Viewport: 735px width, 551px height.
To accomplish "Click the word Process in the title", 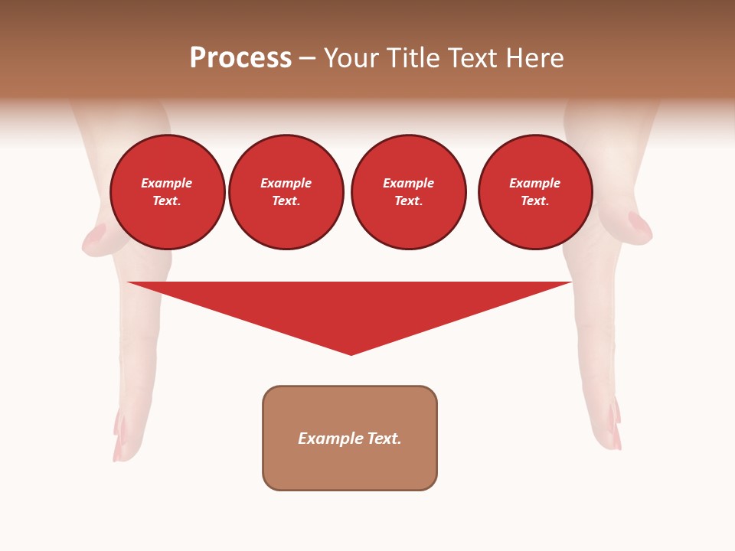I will click(240, 58).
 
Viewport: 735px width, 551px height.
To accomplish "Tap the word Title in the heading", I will click(412, 58).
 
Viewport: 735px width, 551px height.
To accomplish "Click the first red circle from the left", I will click(168, 192).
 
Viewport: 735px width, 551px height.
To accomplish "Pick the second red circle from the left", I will click(286, 192).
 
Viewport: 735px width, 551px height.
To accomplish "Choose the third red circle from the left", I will click(409, 192).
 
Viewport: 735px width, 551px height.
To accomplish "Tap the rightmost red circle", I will click(535, 192).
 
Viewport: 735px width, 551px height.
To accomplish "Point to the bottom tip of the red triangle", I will click(351, 354).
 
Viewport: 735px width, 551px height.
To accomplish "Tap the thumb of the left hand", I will click(94, 236).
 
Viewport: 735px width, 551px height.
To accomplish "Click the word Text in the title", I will click(474, 58).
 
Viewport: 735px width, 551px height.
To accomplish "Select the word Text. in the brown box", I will click(384, 439).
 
